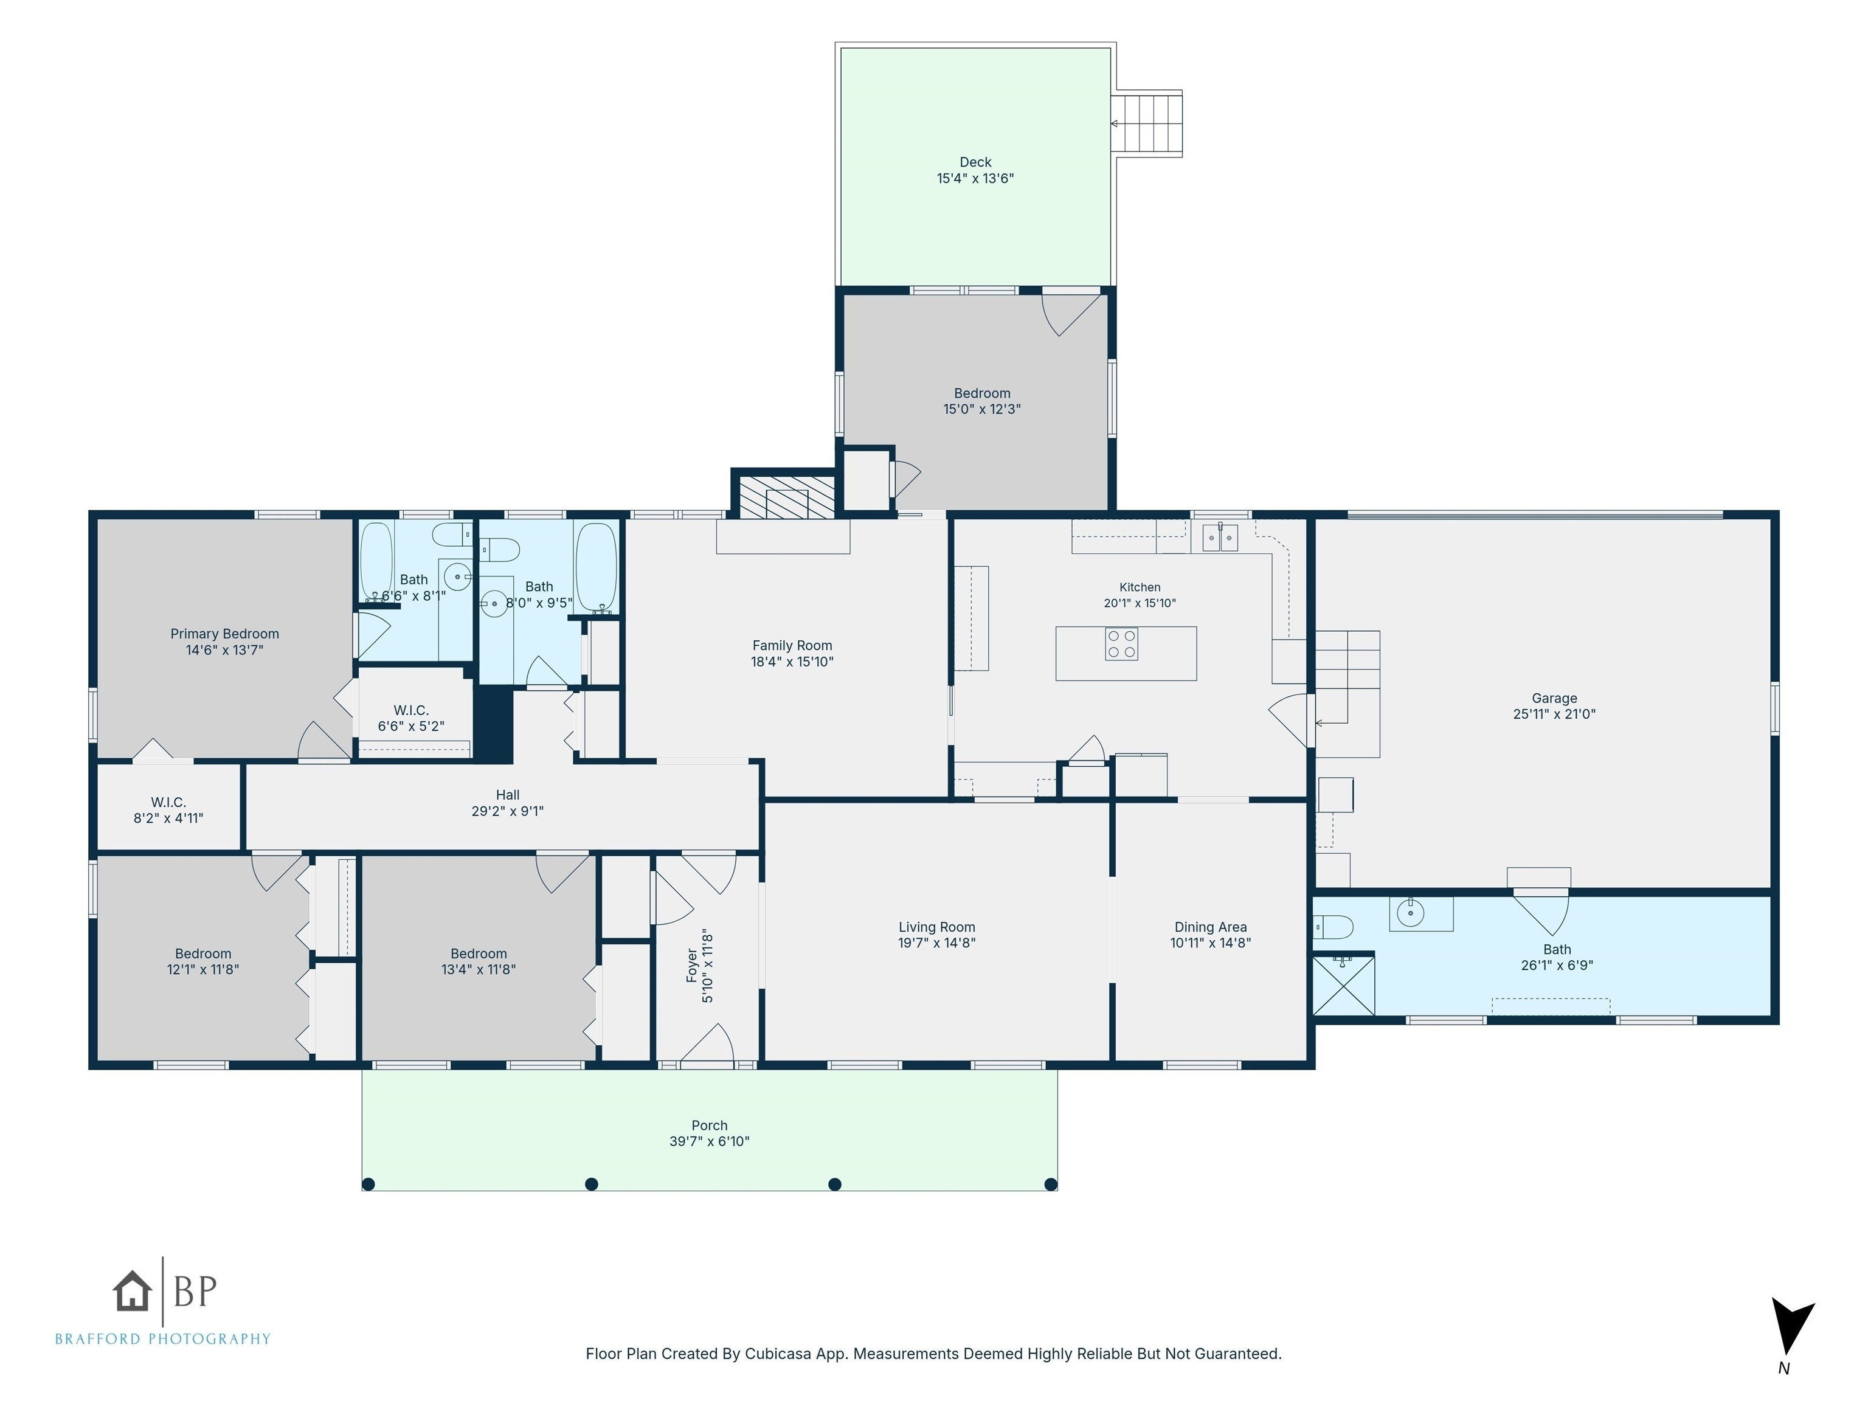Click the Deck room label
[975, 162]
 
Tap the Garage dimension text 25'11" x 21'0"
[1554, 714]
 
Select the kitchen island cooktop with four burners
[1121, 645]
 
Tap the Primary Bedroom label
[224, 634]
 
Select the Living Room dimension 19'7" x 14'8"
[936, 943]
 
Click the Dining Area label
[1210, 927]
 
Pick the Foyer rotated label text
[693, 965]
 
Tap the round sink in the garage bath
[1410, 913]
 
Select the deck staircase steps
[1146, 123]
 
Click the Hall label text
[508, 795]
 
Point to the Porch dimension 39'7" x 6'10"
[710, 1141]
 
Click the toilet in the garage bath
[1334, 927]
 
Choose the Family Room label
[792, 645]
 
